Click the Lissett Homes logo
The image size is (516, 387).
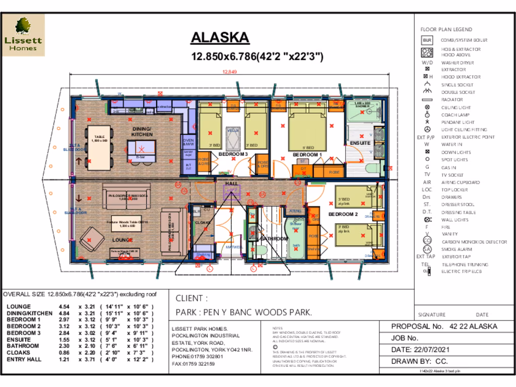(24, 35)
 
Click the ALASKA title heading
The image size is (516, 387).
(220, 38)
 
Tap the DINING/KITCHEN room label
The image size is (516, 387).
(142, 132)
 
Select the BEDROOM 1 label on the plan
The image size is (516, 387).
(307, 154)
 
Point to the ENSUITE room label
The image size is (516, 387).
(361, 143)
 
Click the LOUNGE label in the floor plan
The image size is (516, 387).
(122, 240)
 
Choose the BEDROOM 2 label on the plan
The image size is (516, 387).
(343, 214)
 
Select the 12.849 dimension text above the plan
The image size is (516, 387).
(230, 72)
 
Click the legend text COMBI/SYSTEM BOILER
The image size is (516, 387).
(464, 40)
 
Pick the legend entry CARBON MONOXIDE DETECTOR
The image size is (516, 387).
(474, 242)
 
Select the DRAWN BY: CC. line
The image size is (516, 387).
(419, 361)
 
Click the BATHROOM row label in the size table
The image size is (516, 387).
(23, 346)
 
